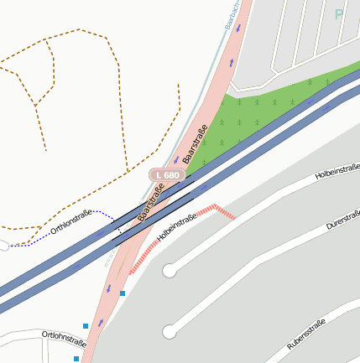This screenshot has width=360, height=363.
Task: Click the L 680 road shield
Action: pos(167,175)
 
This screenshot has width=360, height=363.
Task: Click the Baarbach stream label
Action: pos(232,15)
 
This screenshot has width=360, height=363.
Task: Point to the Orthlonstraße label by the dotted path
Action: pos(71,221)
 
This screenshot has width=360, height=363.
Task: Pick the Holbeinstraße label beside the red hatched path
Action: pos(176,224)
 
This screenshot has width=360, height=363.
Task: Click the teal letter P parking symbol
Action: pos(339,14)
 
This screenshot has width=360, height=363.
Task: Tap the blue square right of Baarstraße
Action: pos(123,293)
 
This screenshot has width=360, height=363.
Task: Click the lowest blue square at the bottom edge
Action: pos(76,359)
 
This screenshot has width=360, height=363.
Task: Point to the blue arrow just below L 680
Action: pos(175,160)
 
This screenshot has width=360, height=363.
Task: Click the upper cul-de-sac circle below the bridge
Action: pos(170,271)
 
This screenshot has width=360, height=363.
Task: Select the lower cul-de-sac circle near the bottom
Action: pos(170,332)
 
